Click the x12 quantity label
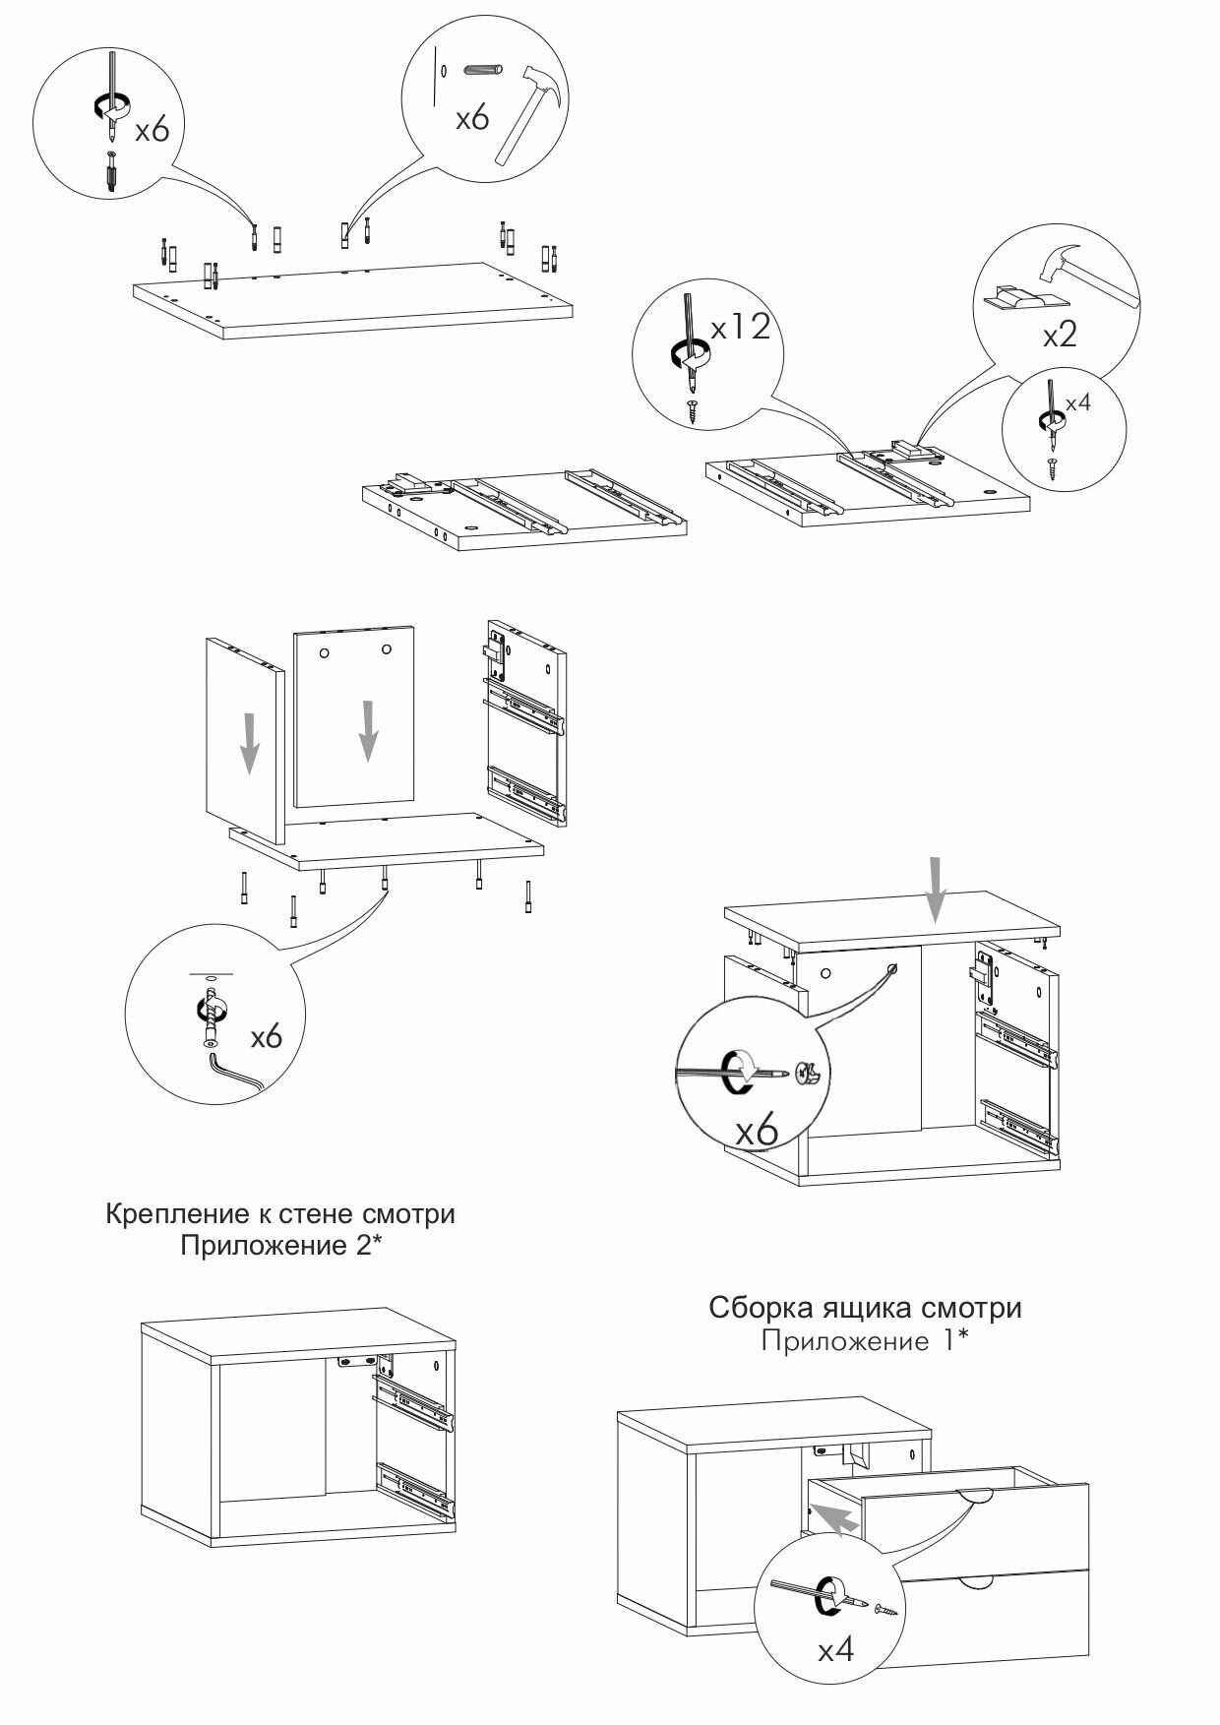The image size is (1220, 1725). [740, 327]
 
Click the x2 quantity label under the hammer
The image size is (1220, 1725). [1060, 335]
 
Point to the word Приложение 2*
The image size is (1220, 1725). [280, 1246]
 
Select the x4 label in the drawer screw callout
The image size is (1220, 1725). [836, 1648]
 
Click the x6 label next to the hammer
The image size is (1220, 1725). [472, 118]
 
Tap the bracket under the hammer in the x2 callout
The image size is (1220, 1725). [1018, 299]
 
